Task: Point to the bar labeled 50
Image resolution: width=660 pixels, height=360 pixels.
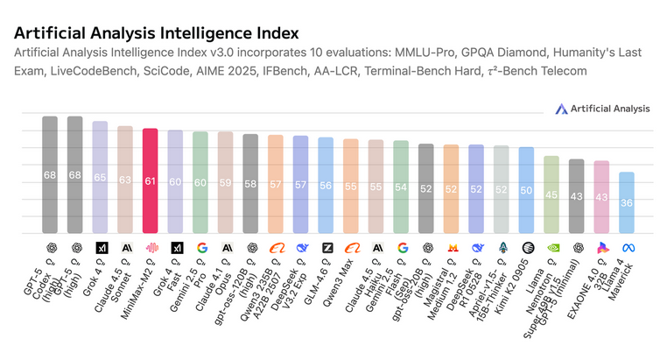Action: [526, 190]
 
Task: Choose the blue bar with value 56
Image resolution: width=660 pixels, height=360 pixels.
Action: [326, 186]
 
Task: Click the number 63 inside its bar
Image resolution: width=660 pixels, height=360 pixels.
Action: [125, 180]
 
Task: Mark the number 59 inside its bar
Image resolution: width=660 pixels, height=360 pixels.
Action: [225, 184]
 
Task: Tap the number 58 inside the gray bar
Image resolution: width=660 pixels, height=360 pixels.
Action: [250, 185]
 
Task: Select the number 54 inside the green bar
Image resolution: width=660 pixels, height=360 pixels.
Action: [401, 187]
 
